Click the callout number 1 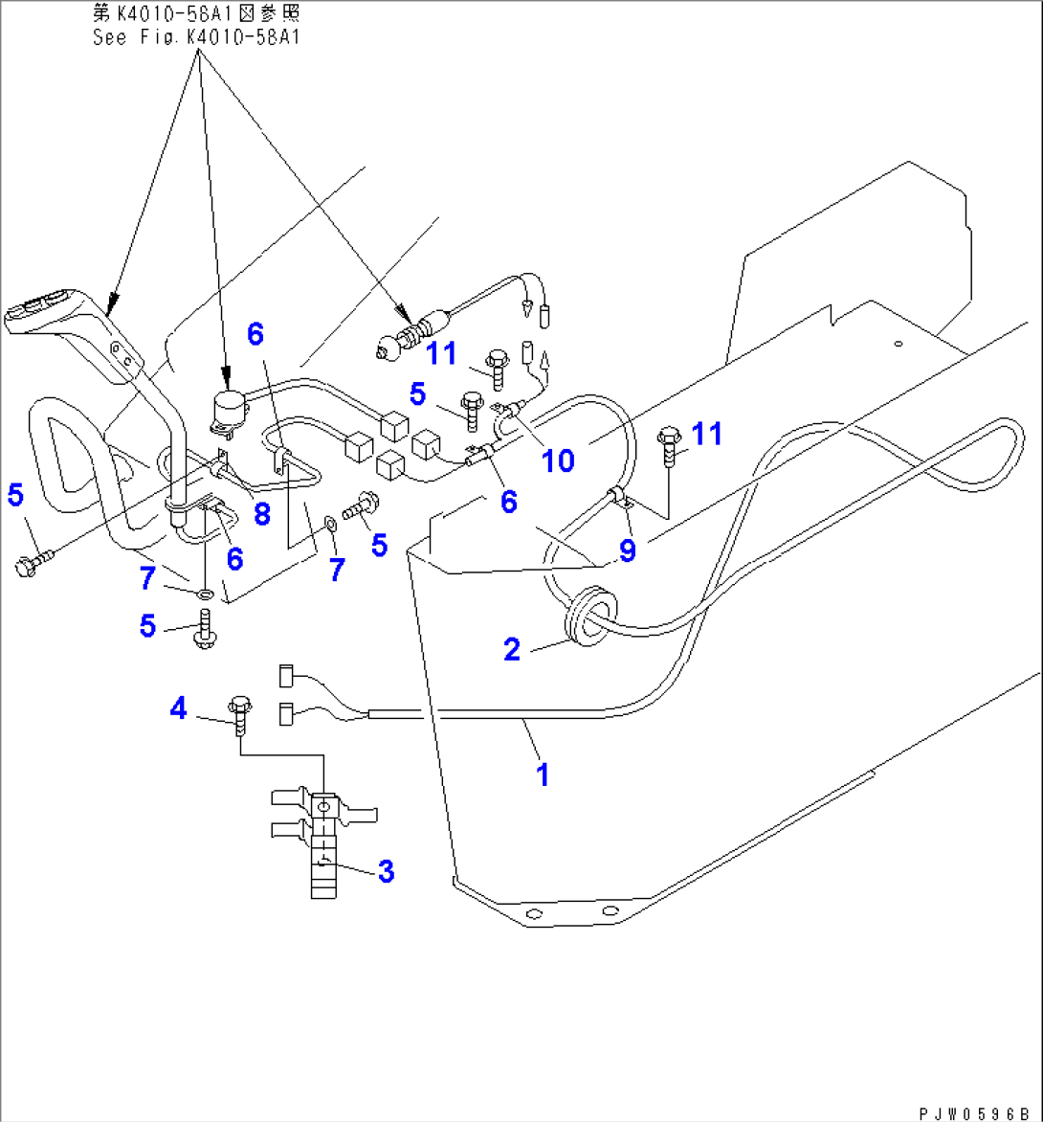(544, 773)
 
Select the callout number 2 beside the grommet (513, 650)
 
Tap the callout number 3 (386, 871)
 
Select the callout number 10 (558, 460)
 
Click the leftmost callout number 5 (14, 495)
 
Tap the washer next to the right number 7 (330, 524)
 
